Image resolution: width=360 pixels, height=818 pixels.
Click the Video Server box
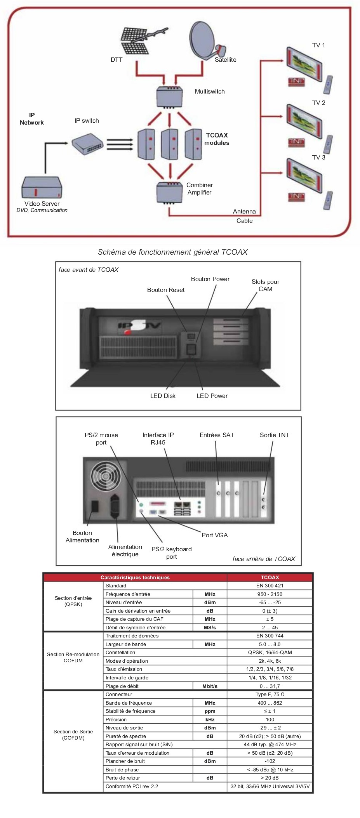pos(42,188)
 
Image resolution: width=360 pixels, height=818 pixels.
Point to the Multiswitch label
pos(210,92)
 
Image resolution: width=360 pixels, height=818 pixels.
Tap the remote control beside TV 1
pos(328,84)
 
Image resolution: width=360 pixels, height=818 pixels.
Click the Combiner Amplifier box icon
pos(169,192)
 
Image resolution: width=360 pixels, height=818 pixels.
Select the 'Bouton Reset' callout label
pos(166,290)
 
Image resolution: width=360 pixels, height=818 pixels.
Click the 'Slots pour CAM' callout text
pos(265,285)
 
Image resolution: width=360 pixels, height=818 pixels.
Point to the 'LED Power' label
pos(212,396)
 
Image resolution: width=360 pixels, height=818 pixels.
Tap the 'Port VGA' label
pos(214,535)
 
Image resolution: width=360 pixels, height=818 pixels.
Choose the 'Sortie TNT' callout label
pos(275,435)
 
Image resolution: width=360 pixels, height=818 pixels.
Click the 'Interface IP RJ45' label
pos(158,439)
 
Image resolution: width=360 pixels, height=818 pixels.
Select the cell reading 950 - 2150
pos(270,594)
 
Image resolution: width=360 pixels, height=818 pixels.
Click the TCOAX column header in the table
pos(270,578)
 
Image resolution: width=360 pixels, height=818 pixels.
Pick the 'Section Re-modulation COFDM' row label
pos(73,657)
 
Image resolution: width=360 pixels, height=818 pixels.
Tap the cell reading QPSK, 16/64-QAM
pos(270,653)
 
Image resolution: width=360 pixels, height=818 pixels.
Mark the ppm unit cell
pos(210,711)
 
